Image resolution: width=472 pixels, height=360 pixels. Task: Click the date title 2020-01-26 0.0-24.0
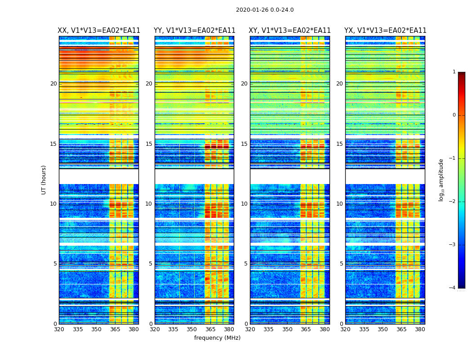tap(265, 10)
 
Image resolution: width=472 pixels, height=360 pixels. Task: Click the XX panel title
tap(99, 31)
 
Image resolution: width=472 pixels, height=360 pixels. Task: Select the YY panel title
tap(194, 31)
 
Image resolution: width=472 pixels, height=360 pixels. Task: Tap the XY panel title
tap(290, 31)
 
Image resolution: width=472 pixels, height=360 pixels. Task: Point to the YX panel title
tap(385, 31)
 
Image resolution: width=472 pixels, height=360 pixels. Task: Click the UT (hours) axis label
tap(44, 180)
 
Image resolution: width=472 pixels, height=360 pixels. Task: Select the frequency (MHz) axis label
tap(217, 338)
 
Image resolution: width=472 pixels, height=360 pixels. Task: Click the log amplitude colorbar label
tap(441, 180)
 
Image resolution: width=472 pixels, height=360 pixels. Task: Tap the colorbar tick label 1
tap(454, 72)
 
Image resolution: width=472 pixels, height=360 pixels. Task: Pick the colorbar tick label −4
tap(453, 288)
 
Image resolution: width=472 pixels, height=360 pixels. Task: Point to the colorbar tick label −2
tap(453, 202)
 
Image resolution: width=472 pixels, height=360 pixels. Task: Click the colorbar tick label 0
tap(454, 115)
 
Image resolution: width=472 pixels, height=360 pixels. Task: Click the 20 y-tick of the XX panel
tap(53, 84)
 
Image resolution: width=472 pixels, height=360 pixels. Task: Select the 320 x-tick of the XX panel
tap(59, 329)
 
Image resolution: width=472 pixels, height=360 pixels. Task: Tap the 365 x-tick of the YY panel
tap(210, 329)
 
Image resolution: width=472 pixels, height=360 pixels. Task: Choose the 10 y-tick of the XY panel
tap(244, 204)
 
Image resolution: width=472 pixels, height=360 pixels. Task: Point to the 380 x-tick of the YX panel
tap(420, 329)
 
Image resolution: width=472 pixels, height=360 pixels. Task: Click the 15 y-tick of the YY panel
tap(149, 144)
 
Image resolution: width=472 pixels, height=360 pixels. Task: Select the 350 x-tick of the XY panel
tap(287, 329)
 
